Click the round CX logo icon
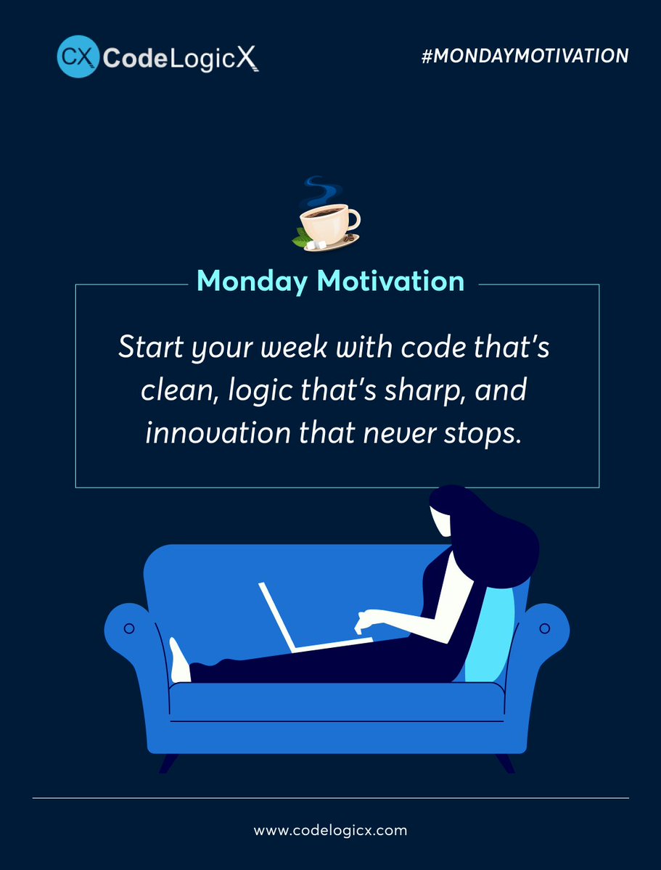click(78, 57)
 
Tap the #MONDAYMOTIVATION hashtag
click(525, 56)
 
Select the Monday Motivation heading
click(330, 281)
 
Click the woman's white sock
click(178, 662)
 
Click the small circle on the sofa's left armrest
click(129, 628)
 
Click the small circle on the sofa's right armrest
click(545, 627)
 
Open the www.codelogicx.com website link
click(330, 829)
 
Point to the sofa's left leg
click(168, 762)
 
